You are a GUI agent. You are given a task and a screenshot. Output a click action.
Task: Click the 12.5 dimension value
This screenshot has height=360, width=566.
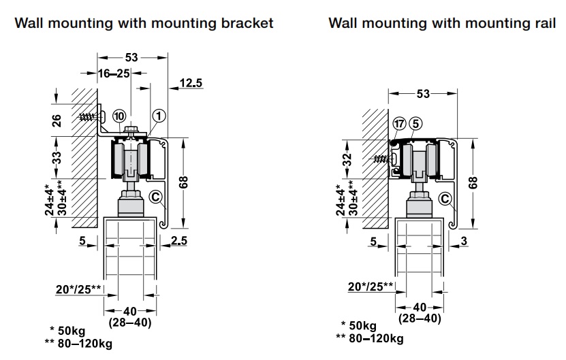[191, 83]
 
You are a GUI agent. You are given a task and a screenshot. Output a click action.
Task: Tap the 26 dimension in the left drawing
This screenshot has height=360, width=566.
[57, 120]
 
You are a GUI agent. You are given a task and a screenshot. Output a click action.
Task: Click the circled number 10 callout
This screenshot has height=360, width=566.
[119, 115]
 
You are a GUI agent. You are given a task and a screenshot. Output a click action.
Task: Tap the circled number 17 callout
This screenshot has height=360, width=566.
[399, 124]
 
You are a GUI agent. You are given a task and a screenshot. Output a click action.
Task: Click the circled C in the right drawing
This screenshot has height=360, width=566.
[446, 199]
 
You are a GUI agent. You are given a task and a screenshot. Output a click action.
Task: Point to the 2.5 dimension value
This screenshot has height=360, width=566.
[180, 240]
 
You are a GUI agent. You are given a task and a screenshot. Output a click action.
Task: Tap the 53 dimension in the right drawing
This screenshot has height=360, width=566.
[423, 94]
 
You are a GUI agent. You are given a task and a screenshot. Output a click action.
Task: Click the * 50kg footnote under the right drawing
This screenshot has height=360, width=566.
[360, 325]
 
